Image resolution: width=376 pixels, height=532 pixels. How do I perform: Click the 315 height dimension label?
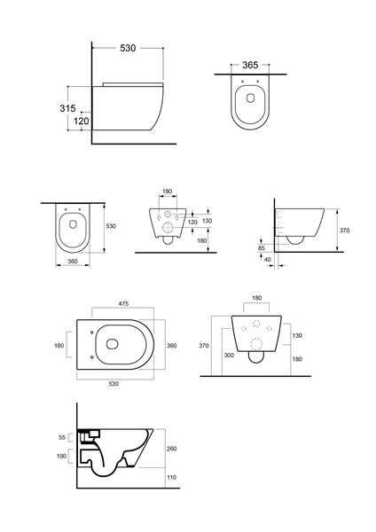tap(67, 108)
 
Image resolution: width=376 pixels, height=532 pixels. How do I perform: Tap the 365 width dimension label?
tap(250, 65)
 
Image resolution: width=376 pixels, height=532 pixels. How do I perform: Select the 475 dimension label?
tap(123, 304)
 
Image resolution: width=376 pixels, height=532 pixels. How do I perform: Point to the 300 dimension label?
tap(229, 356)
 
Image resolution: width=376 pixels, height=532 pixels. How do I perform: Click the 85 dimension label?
tap(261, 248)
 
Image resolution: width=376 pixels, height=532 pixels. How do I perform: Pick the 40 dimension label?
tap(268, 260)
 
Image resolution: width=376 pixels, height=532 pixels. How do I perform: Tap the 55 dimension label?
tap(62, 438)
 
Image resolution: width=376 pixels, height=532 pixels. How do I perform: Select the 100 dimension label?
tap(61, 457)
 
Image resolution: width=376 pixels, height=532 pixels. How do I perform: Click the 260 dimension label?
tap(172, 449)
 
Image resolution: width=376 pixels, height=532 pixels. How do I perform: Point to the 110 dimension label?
tap(172, 477)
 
